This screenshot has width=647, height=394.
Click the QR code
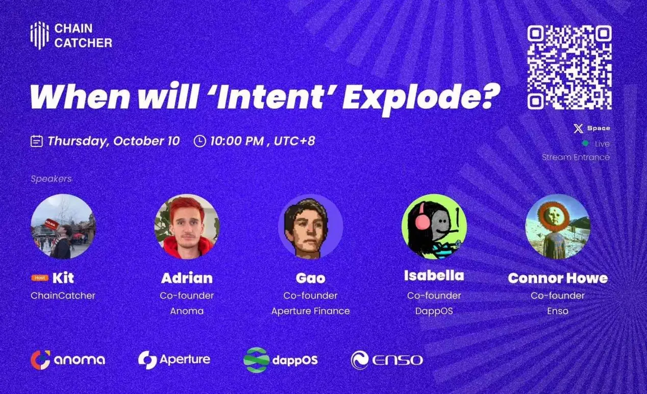coord(569,67)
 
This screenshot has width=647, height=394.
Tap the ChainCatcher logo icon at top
coord(39,35)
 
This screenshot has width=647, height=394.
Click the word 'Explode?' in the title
coord(418,96)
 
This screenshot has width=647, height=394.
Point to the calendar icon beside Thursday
coord(36,141)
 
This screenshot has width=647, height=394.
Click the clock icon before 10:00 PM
coord(200,141)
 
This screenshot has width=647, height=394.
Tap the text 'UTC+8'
coord(294,141)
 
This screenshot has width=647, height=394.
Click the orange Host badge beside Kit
coord(39,278)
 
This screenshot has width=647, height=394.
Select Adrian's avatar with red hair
coord(187,226)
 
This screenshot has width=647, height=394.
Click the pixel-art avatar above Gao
coord(310,226)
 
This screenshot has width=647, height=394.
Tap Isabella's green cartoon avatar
coord(434,226)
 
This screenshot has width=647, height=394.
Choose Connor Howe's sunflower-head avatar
coord(557,226)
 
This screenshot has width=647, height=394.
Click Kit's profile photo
coord(63,226)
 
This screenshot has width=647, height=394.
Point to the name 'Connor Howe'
coord(557,278)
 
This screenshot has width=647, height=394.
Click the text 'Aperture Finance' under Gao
coord(310,311)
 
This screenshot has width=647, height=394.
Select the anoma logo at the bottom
coord(68,360)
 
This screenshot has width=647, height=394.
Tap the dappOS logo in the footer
coord(281,360)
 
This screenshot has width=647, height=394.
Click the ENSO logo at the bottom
coord(387,360)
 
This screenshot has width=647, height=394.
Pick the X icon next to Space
coord(578,129)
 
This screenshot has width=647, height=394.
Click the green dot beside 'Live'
coord(585,143)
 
